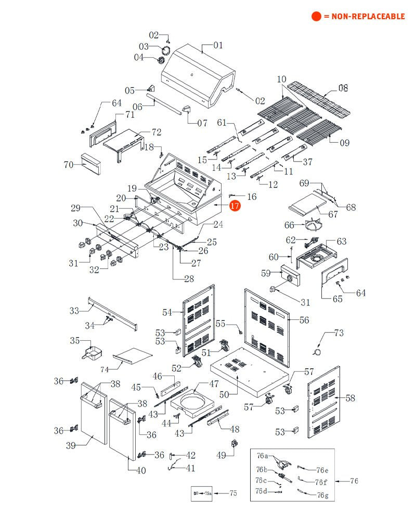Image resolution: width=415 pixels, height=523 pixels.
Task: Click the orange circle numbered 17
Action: pos(235,206)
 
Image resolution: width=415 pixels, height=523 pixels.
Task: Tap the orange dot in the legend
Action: pos(316,16)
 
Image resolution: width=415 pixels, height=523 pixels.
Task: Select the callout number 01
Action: pos(217,45)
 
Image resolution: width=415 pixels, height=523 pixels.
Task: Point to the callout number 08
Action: pos(343,88)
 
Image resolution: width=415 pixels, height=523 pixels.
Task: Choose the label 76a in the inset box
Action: pos(263,455)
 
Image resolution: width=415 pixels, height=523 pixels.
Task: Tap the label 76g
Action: pos(322,495)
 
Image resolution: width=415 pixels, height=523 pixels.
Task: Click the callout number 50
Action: pos(224,394)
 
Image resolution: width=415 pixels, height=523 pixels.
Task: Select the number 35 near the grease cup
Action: pos(75,341)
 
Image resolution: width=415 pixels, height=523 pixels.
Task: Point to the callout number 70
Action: pos(69,165)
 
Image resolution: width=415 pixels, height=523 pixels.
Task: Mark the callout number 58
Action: pos(351,398)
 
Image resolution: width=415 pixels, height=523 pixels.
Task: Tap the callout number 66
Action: pos(289,225)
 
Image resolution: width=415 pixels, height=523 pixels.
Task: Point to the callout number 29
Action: pos(76,208)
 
